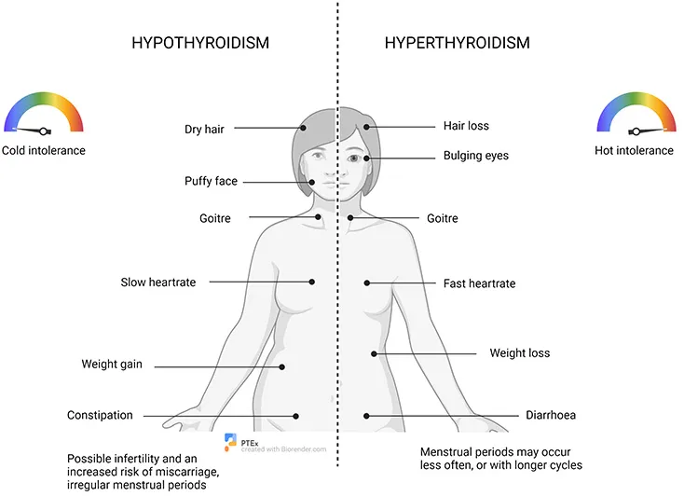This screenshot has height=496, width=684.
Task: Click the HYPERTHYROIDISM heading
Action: tap(457, 43)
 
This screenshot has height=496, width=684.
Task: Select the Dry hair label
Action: tap(205, 129)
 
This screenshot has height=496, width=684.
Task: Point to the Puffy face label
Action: tap(211, 181)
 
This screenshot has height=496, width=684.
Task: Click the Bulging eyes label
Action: tap(476, 156)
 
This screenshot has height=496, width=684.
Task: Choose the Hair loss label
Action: tap(466, 126)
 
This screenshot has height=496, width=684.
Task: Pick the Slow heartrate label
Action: tap(158, 282)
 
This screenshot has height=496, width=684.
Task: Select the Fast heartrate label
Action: tap(479, 282)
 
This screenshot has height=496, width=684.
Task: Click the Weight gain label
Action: tap(112, 365)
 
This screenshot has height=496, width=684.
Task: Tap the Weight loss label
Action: tap(520, 353)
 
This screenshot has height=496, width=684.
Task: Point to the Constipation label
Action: tap(100, 415)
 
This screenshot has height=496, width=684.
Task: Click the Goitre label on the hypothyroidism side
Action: tap(213, 218)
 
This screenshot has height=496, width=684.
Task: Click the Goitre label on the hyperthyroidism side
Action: tap(442, 218)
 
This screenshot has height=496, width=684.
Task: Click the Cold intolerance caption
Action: tap(43, 150)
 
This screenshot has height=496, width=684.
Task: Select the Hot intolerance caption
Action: tap(634, 150)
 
